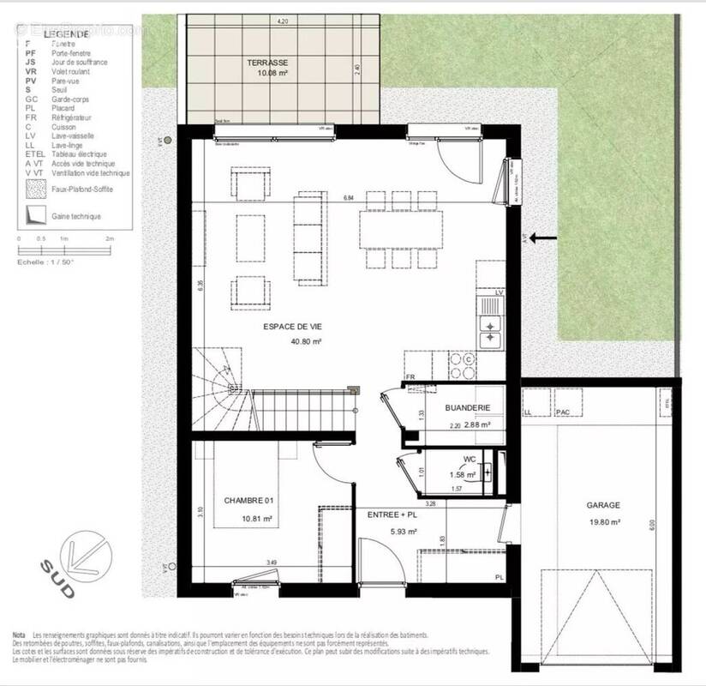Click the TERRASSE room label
[266, 63]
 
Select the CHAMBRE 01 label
[248, 500]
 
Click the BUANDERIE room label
[467, 409]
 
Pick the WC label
[469, 460]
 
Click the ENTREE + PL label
[392, 514]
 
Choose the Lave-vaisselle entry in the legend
[73, 135]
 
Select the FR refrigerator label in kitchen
[410, 376]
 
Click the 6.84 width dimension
[349, 198]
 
